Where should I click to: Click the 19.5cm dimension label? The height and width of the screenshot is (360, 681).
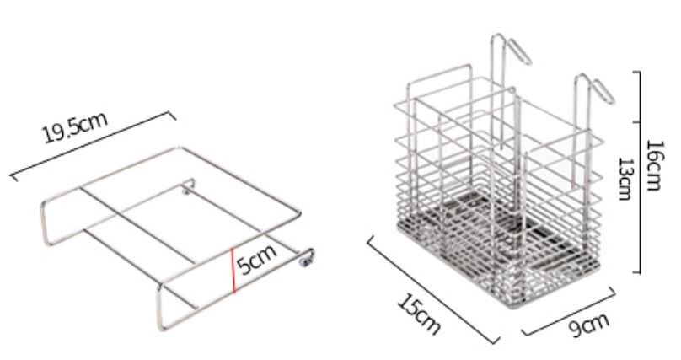75,127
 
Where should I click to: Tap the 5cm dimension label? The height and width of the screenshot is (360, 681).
256,260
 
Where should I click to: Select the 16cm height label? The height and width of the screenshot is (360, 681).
654,165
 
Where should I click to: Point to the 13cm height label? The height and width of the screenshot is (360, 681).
625,179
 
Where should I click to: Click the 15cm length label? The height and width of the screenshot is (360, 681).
419,314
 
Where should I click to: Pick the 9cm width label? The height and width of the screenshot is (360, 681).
589,325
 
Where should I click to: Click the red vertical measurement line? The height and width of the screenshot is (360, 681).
233,270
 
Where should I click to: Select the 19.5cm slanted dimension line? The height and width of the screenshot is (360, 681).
93,146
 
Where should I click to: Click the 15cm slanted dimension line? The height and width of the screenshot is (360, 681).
432,290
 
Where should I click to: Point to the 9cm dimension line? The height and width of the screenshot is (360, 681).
569,311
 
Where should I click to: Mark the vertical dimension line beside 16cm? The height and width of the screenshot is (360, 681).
639,172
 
